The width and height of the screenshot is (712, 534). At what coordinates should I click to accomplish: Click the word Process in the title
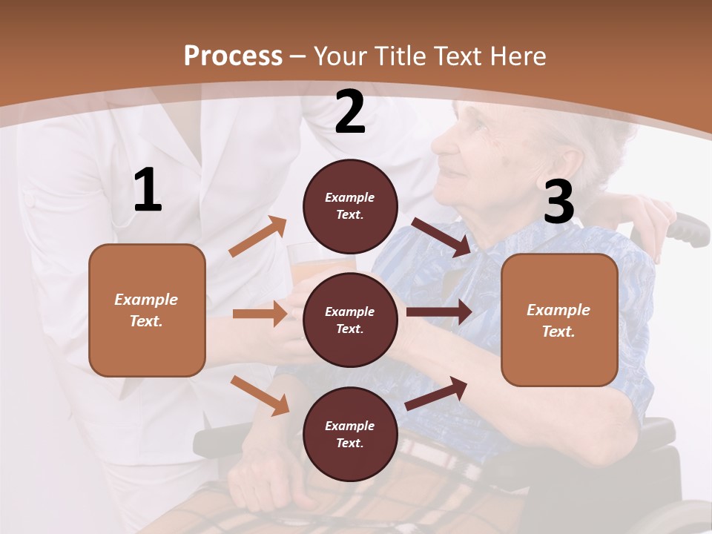click(x=233, y=56)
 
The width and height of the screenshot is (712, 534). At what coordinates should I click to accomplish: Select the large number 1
click(x=148, y=191)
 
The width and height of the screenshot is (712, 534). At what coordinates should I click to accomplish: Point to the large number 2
click(x=350, y=112)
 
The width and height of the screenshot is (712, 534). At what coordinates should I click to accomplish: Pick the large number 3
click(x=558, y=202)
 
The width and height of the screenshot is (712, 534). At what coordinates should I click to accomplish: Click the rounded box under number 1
click(x=147, y=310)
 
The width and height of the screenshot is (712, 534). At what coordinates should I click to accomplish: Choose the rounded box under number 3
click(x=559, y=320)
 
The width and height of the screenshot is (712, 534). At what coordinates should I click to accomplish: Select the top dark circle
click(x=350, y=206)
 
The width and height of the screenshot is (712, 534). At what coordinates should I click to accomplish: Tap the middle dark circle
click(x=350, y=320)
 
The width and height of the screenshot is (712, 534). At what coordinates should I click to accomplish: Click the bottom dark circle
click(x=350, y=434)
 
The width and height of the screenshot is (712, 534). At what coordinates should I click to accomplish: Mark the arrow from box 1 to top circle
click(x=257, y=237)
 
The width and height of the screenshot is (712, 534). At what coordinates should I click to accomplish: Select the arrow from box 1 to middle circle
click(x=260, y=314)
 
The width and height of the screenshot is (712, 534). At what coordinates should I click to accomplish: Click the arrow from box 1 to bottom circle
click(x=260, y=395)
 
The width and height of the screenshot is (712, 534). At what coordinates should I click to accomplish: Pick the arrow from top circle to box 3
click(x=441, y=237)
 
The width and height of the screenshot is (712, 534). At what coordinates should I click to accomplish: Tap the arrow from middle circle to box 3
click(x=439, y=312)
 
